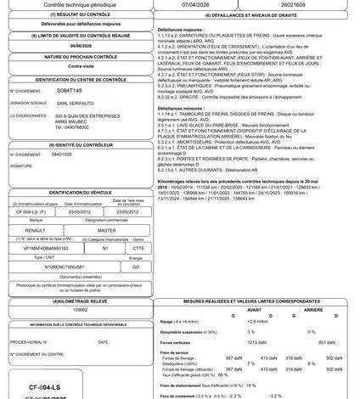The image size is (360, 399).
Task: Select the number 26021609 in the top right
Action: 295,4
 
